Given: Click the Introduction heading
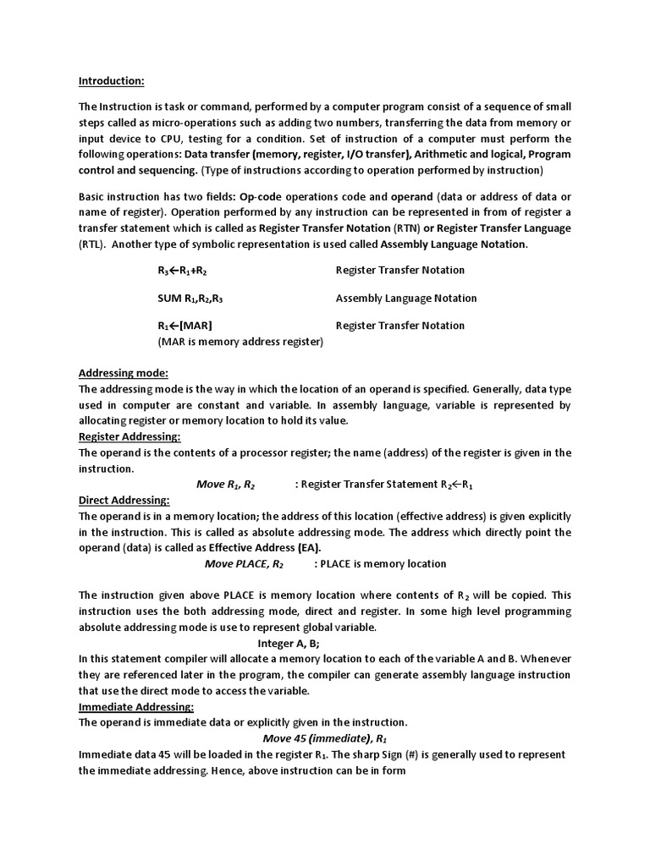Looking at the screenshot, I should (112, 81).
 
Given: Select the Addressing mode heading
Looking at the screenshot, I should (124, 373).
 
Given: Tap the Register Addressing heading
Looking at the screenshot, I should (129, 436).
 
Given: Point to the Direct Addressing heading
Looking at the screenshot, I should (124, 500).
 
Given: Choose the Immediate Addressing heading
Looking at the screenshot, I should (136, 706).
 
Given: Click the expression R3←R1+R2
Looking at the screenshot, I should (182, 271).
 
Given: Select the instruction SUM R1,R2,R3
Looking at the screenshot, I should (190, 299).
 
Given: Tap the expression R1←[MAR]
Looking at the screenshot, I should (185, 326).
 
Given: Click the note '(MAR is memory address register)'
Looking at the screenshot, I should (240, 342).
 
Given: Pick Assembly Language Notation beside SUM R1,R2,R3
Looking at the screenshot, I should (405, 299).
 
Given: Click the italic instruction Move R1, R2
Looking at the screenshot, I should (225, 485).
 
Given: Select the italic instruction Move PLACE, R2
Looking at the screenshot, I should (245, 564).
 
